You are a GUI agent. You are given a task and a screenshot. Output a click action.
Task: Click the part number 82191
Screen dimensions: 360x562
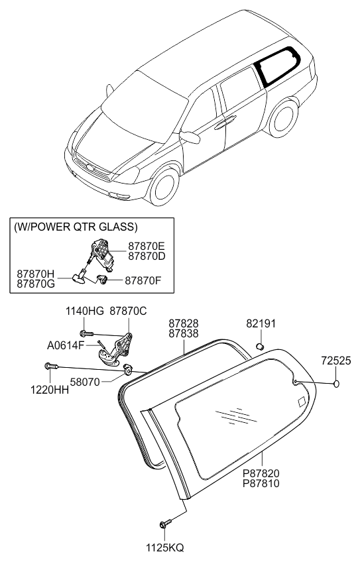coord(261,323)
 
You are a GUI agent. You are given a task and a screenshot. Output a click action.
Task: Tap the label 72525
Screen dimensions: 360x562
coord(336,361)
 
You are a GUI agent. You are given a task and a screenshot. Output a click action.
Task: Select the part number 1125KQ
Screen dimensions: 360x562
coord(164,547)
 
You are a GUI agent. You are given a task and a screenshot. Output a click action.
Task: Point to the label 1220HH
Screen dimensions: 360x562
coord(50,390)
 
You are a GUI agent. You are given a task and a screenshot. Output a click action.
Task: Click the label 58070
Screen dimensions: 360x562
coord(85,382)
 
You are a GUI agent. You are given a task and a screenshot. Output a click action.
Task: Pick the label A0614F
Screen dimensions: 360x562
coord(66,345)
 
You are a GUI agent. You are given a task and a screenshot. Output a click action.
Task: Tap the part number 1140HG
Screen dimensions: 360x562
coord(84,311)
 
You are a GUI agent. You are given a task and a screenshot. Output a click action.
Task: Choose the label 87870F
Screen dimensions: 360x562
coord(143,280)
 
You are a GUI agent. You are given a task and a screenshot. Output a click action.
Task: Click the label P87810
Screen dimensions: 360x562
coord(261,484)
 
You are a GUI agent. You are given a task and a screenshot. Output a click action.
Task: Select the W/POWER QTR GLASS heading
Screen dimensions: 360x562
coord(76,227)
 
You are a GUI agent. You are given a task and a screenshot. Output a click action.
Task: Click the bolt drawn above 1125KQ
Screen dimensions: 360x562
coord(165,524)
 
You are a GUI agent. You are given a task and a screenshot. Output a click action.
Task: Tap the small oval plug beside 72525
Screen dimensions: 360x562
coord(336,384)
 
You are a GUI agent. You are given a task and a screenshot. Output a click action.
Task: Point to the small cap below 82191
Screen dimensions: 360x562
coord(261,346)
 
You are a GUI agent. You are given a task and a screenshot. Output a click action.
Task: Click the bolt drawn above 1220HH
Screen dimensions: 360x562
coord(51,366)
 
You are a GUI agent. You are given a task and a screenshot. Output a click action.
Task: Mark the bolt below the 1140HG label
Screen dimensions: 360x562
coord(87,334)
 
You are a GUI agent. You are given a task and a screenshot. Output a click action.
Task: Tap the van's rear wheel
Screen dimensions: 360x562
coord(284,118)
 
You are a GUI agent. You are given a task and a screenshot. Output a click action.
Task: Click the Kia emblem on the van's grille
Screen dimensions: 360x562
coord(90,168)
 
